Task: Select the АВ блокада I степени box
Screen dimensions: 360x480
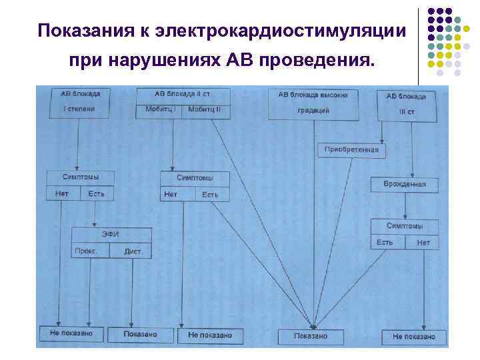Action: click(78, 103)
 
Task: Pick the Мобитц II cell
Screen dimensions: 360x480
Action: click(207, 110)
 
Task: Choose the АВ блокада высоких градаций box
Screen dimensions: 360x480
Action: click(313, 103)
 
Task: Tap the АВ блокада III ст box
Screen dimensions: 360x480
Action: click(406, 105)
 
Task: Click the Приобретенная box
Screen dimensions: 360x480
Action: click(351, 150)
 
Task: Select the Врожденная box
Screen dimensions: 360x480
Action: click(405, 183)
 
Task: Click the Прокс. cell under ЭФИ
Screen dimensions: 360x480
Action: click(87, 251)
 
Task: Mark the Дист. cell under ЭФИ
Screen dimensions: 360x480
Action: click(132, 251)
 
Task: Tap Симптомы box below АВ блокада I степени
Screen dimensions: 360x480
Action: click(80, 178)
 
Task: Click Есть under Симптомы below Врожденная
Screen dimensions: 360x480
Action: click(385, 242)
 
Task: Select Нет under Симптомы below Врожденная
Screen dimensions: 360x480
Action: click(423, 242)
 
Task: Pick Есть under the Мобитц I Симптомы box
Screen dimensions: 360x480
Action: click(210, 195)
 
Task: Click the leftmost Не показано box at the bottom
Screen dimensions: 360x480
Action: click(71, 333)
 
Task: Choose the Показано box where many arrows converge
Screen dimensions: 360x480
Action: click(311, 336)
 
